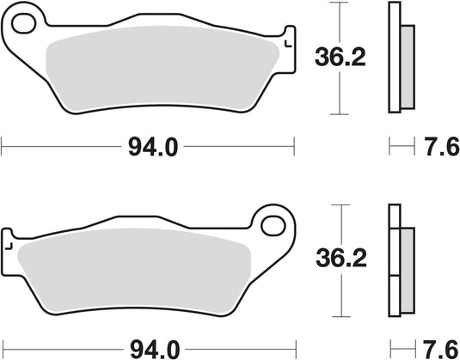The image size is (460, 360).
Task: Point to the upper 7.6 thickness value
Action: (x=439, y=148)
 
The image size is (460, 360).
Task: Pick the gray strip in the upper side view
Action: (x=408, y=64)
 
